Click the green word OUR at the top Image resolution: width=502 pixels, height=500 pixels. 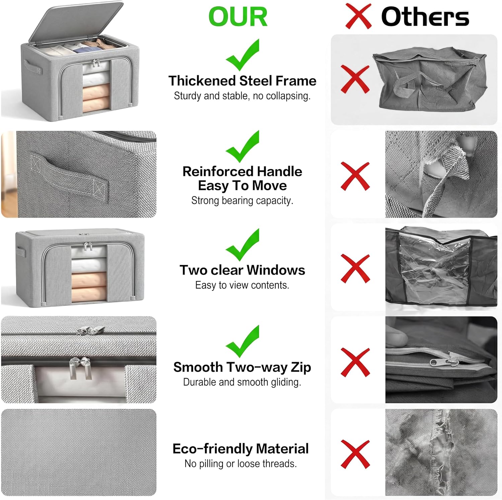(x=238, y=17)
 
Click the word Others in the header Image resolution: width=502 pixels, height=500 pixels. (x=425, y=17)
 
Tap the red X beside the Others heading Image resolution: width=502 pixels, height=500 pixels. (x=358, y=16)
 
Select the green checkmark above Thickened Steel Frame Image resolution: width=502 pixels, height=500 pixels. (x=243, y=55)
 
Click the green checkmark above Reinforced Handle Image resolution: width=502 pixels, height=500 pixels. (x=243, y=146)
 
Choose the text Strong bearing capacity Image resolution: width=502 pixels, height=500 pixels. (x=242, y=200)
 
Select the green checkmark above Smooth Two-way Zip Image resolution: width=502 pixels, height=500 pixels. (x=243, y=341)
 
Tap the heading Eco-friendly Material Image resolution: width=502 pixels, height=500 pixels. (x=241, y=448)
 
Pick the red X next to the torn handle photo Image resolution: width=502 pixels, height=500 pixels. (x=355, y=176)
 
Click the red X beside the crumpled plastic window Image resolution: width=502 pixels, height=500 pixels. (x=355, y=269)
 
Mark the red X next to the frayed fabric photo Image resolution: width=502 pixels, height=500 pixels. (x=355, y=454)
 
